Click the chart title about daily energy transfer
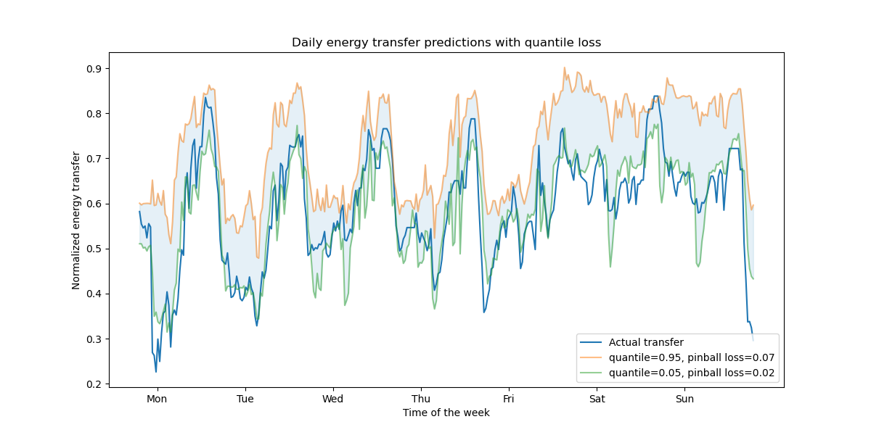pos(446,43)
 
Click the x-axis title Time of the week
pos(446,413)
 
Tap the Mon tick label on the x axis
pos(157,399)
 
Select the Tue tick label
pos(245,399)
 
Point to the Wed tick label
pos(332,399)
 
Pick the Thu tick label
pos(420,399)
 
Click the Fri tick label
pos(508,399)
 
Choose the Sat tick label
pos(597,399)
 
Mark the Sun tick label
pos(684,399)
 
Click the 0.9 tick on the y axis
pos(94,69)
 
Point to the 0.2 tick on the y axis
pos(94,384)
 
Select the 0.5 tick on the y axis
pos(94,249)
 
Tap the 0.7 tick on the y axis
pos(94,159)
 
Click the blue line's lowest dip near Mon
pos(156,372)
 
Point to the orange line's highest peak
pos(565,68)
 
